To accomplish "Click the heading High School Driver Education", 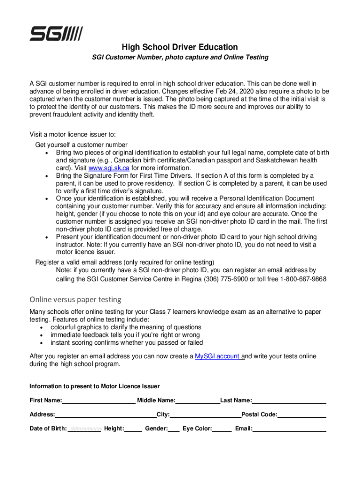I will pos(180,47).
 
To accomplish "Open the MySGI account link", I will pos(218,356).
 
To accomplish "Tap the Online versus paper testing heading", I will pos(75,299).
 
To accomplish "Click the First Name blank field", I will pos(99,401).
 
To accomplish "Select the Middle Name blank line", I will pos(198,401).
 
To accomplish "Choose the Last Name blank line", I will pos(289,401).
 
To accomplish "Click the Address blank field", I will pos(106,415).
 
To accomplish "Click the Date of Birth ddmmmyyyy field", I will pos(85,429).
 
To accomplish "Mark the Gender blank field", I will pos(173,429).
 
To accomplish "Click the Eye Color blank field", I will pos(222,429).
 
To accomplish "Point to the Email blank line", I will pos(289,429).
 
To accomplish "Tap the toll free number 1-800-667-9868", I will pos(303,279).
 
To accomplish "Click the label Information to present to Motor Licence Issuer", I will pos(94,386).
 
